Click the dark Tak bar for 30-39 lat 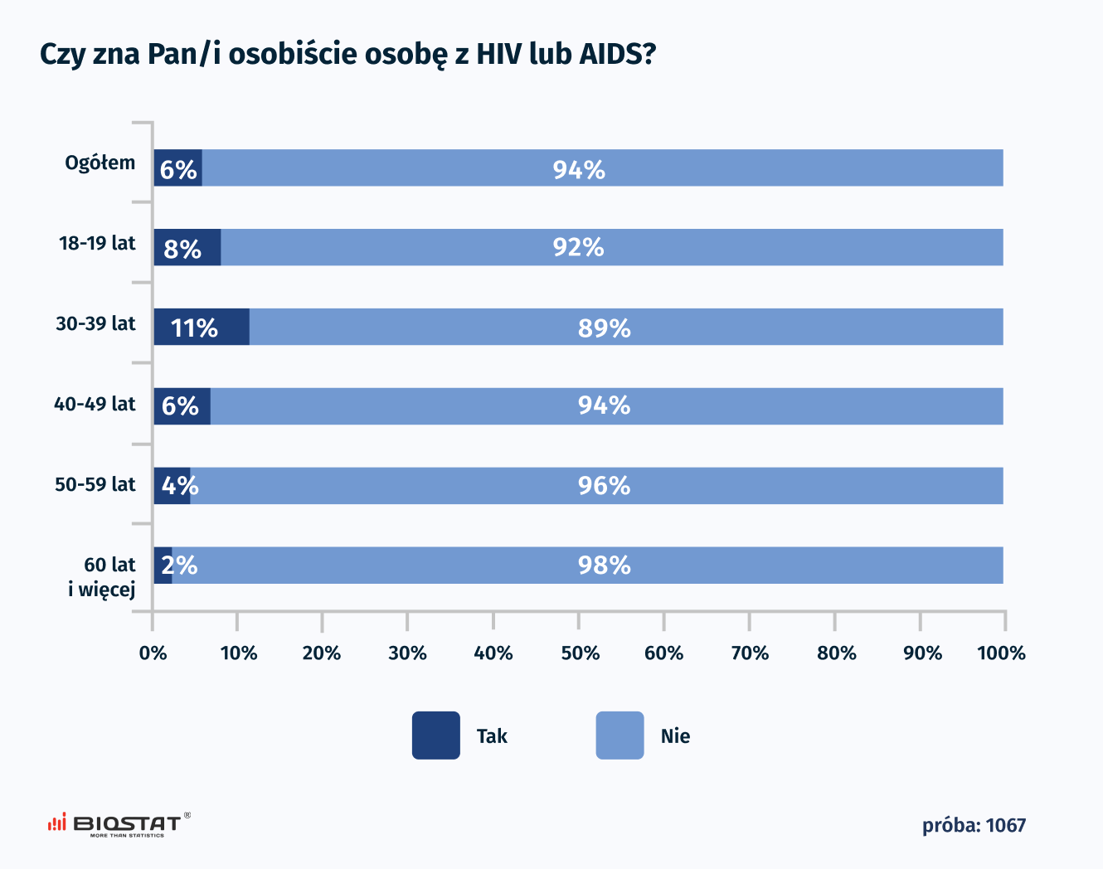click(202, 327)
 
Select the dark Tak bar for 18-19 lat click(187, 247)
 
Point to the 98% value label click(605, 566)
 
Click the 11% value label click(194, 328)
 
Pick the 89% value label click(605, 328)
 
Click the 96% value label click(605, 486)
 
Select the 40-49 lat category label click(95, 405)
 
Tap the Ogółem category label click(100, 163)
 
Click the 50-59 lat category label click(95, 484)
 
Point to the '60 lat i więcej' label click(103, 577)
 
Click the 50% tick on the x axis click(580, 653)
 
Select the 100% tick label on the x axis click(1002, 653)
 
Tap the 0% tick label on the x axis click(153, 653)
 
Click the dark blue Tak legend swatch click(436, 735)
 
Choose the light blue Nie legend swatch click(620, 735)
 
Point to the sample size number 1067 click(1006, 826)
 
